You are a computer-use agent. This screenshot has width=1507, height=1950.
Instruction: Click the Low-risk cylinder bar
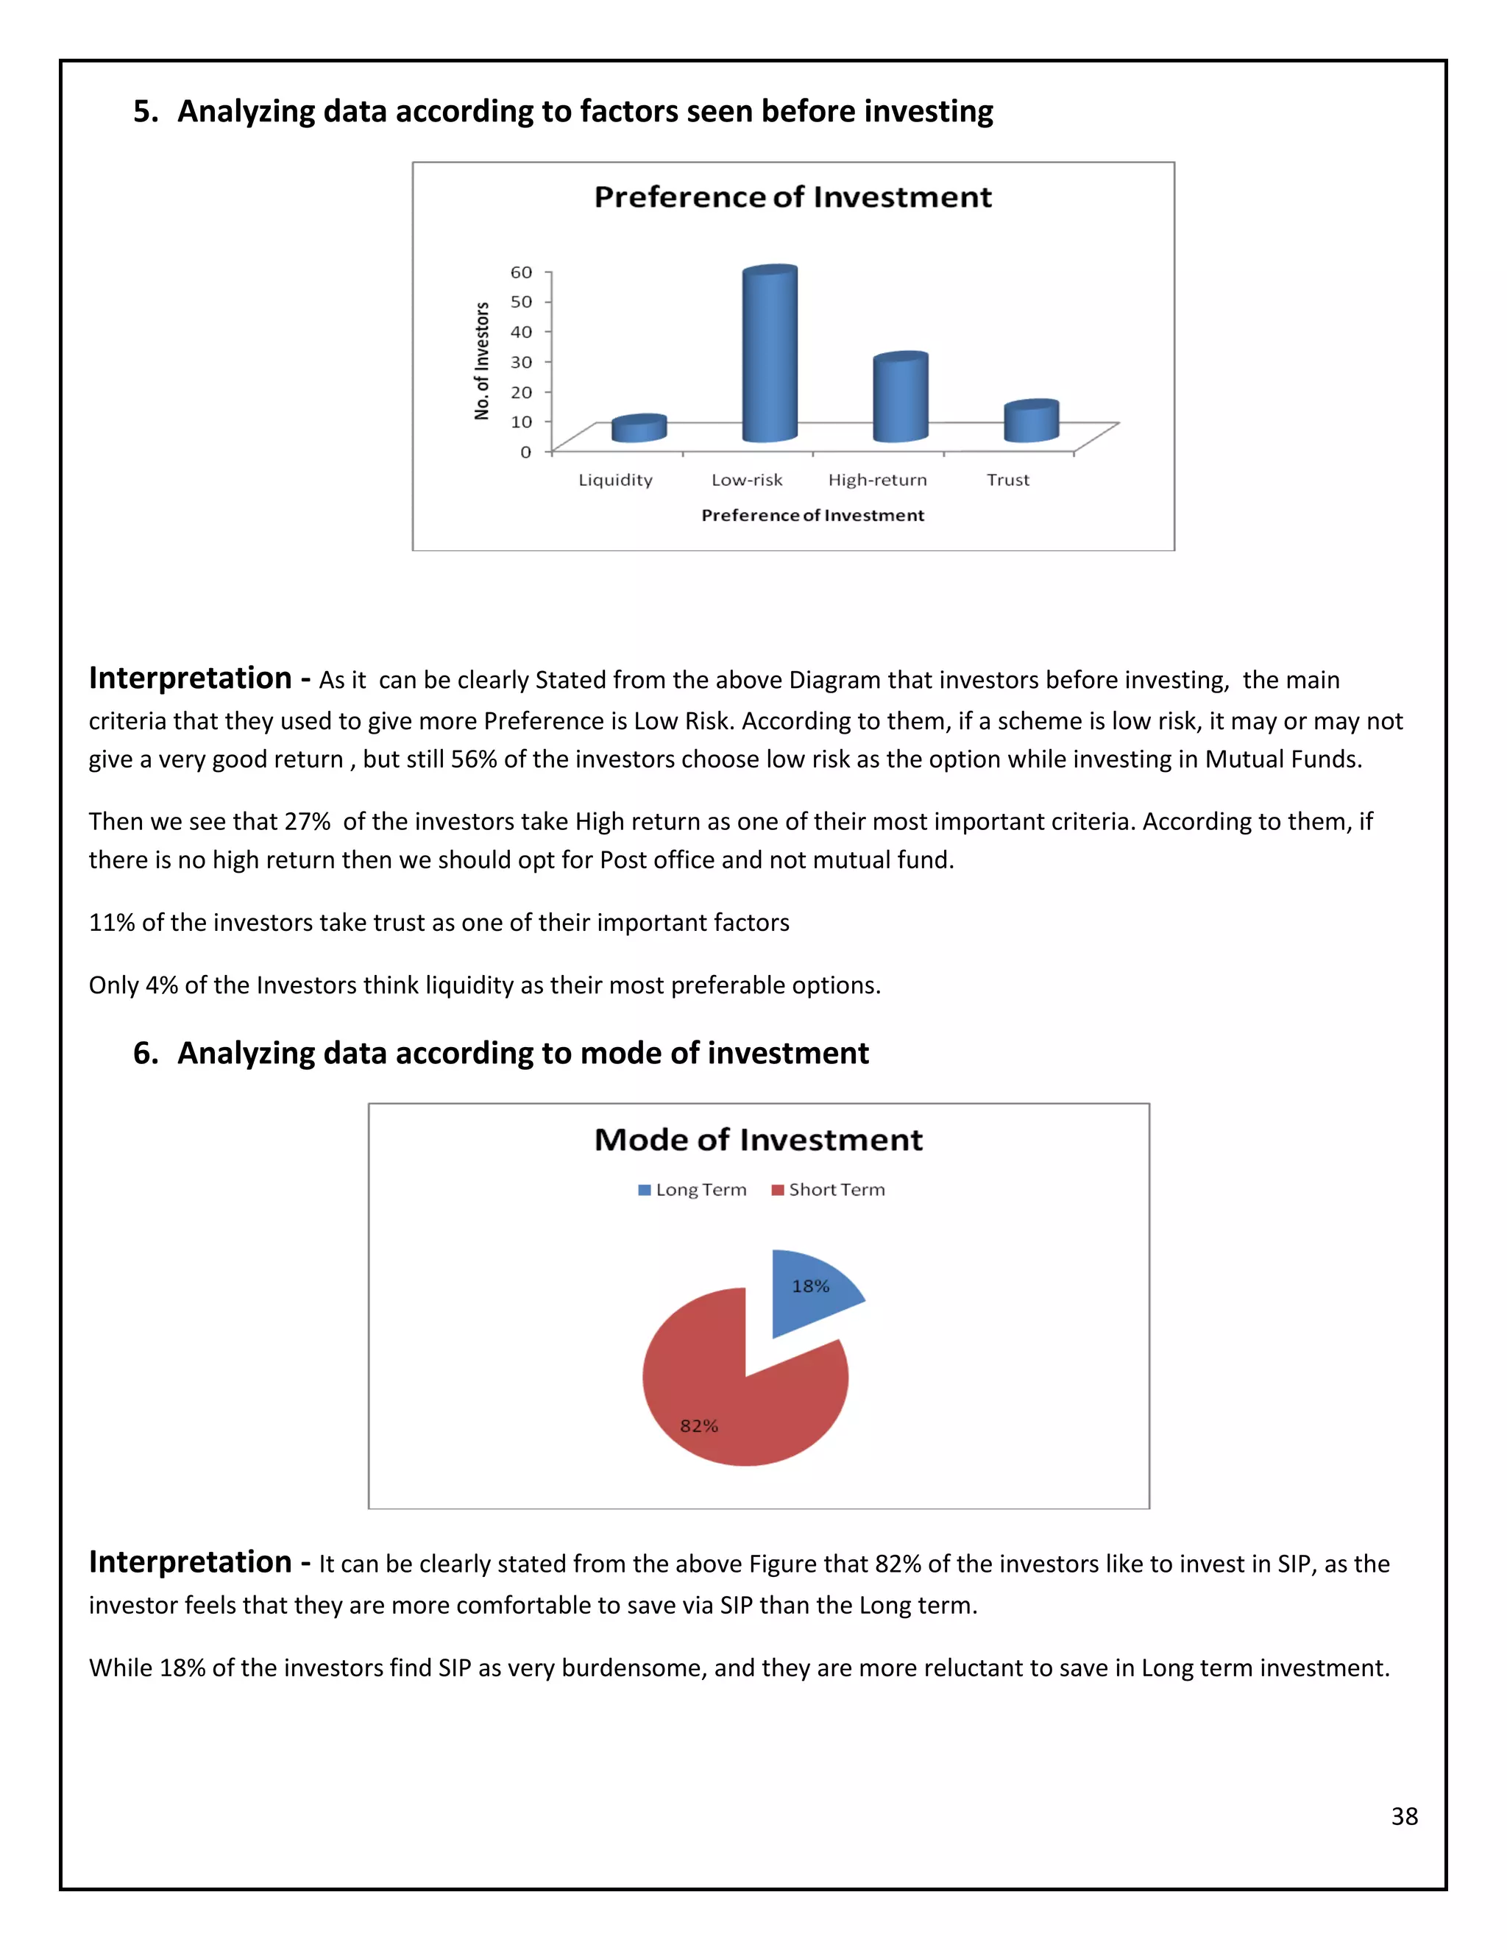point(770,357)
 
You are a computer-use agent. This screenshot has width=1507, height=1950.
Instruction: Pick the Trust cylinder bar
point(1031,422)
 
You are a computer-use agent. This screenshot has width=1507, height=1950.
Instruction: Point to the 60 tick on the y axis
point(522,272)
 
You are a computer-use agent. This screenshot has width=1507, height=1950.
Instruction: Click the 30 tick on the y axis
point(522,361)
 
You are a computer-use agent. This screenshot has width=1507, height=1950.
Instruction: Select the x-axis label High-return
point(878,481)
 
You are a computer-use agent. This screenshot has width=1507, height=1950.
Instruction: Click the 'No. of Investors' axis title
point(482,361)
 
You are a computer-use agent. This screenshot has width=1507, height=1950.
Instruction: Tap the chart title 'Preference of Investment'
point(792,197)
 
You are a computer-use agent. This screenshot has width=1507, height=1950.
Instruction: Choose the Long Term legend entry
point(692,1190)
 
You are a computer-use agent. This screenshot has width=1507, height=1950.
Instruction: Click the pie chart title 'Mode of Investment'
point(759,1140)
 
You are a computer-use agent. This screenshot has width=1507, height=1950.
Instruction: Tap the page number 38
point(1404,1817)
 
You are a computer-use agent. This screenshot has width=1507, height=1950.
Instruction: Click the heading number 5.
point(145,112)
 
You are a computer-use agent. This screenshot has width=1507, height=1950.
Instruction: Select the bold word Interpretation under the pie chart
point(190,1561)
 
